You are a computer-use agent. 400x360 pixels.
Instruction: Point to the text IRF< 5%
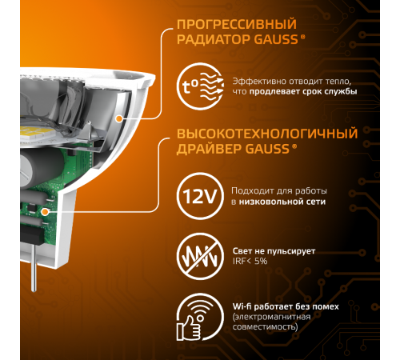(250, 261)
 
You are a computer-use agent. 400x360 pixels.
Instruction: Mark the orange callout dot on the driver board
(46, 212)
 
